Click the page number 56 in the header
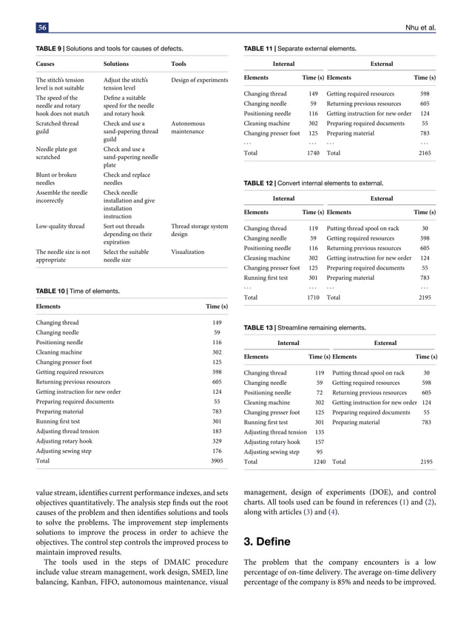[x=42, y=28]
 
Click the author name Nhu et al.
[x=419, y=28]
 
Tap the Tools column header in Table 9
[x=178, y=64]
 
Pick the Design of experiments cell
[x=199, y=79]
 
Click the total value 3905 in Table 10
[x=215, y=460]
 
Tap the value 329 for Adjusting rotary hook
[x=216, y=440]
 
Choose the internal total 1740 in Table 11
[x=312, y=152]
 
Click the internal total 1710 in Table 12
[x=312, y=297]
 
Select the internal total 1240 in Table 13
[x=318, y=461]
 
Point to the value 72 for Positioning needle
[x=320, y=393]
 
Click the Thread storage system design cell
[x=199, y=230]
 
